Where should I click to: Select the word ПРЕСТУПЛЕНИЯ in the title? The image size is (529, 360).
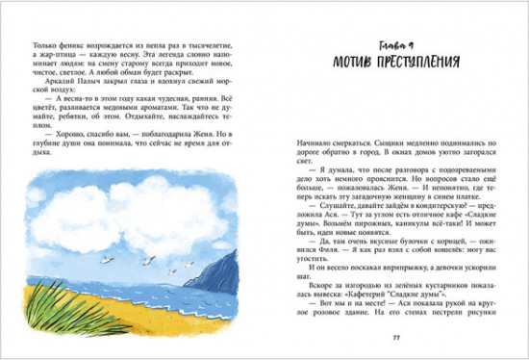tap(417, 63)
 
